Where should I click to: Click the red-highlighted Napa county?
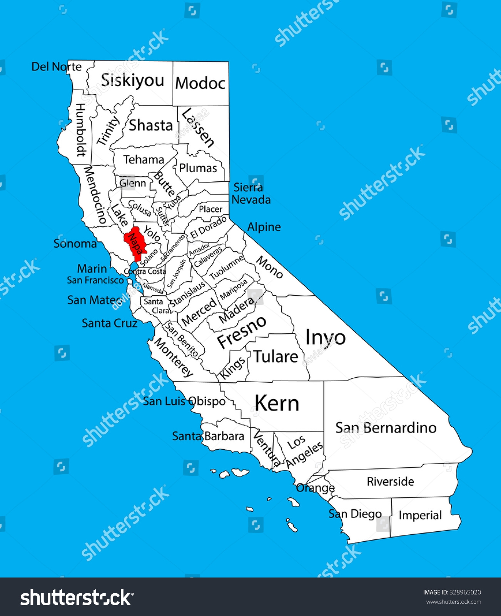134,243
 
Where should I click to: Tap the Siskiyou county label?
132,80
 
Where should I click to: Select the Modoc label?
200,83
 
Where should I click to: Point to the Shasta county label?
150,126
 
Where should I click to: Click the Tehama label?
144,159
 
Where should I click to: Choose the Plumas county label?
198,168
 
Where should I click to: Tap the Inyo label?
326,338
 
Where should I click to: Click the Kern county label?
277,403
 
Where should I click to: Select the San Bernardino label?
386,428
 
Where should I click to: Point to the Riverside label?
390,481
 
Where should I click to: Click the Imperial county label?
420,515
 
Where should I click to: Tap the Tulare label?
276,357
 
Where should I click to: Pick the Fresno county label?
242,331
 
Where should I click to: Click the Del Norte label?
57,67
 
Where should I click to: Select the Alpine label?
264,227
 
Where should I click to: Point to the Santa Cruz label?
110,323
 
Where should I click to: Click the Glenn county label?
133,183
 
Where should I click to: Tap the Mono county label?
270,267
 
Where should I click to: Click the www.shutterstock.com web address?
453,602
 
